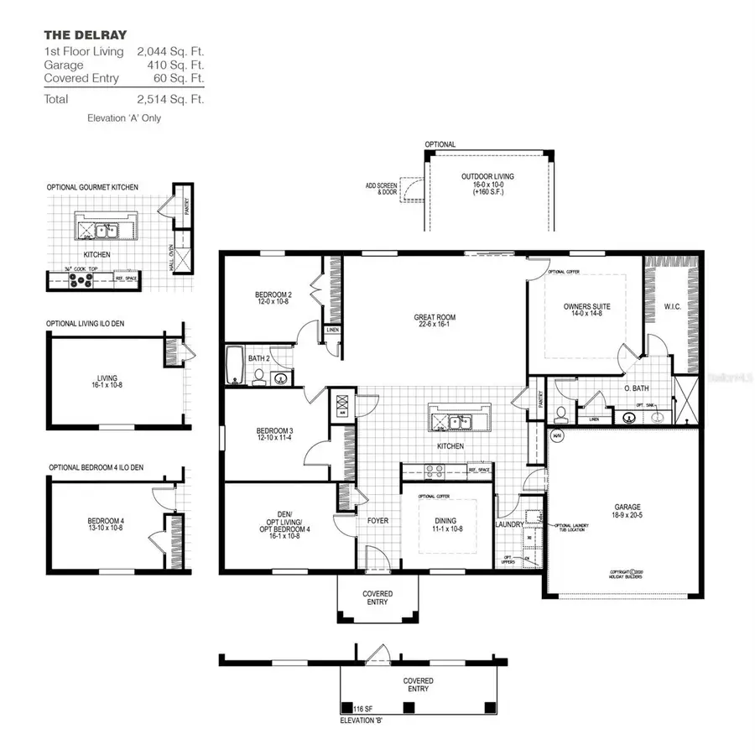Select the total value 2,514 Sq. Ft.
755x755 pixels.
click(170, 99)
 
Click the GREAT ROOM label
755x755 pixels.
click(434, 318)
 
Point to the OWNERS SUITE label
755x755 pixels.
click(586, 307)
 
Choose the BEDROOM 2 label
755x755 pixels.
click(273, 294)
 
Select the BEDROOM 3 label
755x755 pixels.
click(274, 432)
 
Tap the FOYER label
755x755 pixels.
click(377, 521)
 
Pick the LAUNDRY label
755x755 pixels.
click(509, 525)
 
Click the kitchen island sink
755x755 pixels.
click(456, 421)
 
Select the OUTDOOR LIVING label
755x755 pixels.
click(487, 176)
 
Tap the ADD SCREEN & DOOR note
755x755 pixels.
click(381, 189)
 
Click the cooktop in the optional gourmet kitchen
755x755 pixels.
click(81, 281)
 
